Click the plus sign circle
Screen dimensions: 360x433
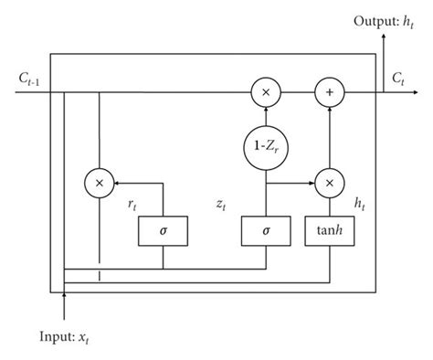pyautogui.click(x=327, y=92)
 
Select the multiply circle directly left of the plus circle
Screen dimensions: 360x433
pyautogui.click(x=266, y=92)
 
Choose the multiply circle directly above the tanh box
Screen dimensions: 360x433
pyautogui.click(x=327, y=182)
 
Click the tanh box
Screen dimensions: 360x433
pyautogui.click(x=327, y=231)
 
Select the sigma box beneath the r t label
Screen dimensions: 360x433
pyautogui.click(x=163, y=231)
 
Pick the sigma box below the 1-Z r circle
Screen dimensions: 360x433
pyautogui.click(x=266, y=231)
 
